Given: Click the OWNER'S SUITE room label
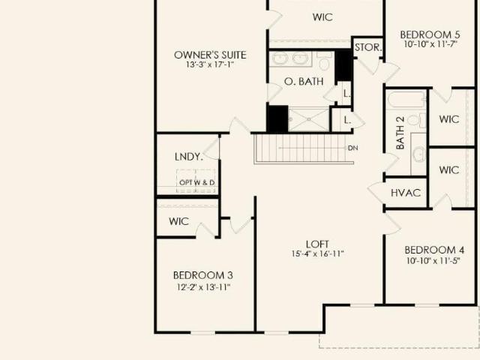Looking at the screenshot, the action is pyautogui.click(x=210, y=55).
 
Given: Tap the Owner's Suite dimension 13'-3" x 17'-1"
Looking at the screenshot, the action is pyautogui.click(x=210, y=65).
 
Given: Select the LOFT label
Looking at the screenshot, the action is pyautogui.click(x=317, y=244).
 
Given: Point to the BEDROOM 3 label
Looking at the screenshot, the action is pyautogui.click(x=203, y=275).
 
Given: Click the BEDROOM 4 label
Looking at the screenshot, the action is pyautogui.click(x=434, y=250).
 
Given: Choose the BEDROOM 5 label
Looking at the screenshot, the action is pyautogui.click(x=430, y=34).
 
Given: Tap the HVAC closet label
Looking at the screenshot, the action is pyautogui.click(x=406, y=193).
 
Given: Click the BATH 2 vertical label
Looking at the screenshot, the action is pyautogui.click(x=400, y=133).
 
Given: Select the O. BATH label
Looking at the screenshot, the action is pyautogui.click(x=304, y=82).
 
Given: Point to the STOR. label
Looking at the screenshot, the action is pyautogui.click(x=368, y=47).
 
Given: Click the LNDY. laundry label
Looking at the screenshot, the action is pyautogui.click(x=188, y=157).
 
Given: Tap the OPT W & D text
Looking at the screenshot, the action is pyautogui.click(x=196, y=182).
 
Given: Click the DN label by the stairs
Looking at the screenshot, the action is pyautogui.click(x=353, y=148).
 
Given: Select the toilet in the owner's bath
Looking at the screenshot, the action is pyautogui.click(x=324, y=61).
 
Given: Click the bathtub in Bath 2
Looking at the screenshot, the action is pyautogui.click(x=406, y=100).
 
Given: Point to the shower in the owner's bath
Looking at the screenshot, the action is pyautogui.click(x=308, y=119).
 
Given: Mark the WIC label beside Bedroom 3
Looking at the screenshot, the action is pyautogui.click(x=178, y=221).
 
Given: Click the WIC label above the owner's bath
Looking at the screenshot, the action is pyautogui.click(x=322, y=17).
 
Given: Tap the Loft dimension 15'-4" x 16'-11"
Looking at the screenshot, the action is pyautogui.click(x=318, y=253).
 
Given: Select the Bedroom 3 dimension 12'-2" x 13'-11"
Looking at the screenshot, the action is pyautogui.click(x=203, y=287).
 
